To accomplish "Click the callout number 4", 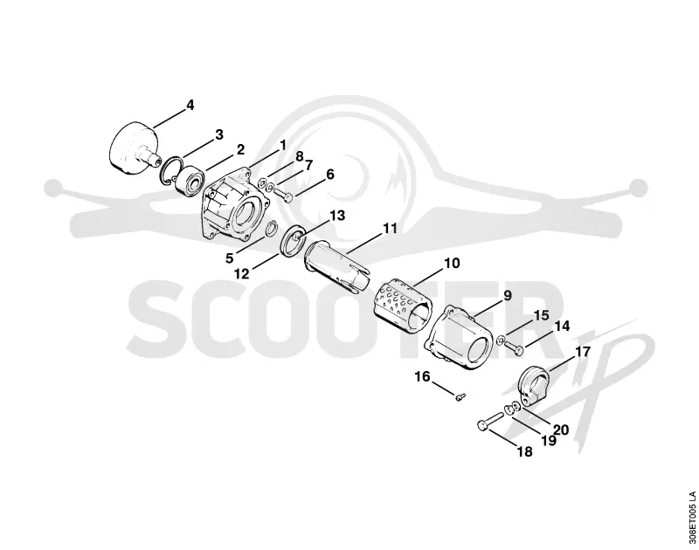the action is pos(190,106).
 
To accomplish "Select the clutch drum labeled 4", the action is pos(133,147).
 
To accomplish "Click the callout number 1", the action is pos(282,145).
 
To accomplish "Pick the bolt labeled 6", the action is pos(282,195).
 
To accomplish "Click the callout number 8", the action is pos(300,156).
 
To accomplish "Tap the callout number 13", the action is pos(337,216).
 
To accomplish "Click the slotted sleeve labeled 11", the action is pos(337,267).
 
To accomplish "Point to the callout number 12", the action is pos(242,273).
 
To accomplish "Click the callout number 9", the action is pos(508,295).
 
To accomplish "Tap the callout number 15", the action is pos(541,316).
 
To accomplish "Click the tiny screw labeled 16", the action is pos(461,395).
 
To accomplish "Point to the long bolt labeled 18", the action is pos(490,421).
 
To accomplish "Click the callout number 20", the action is pos(561,430).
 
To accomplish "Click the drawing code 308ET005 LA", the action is pos(691,518).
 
